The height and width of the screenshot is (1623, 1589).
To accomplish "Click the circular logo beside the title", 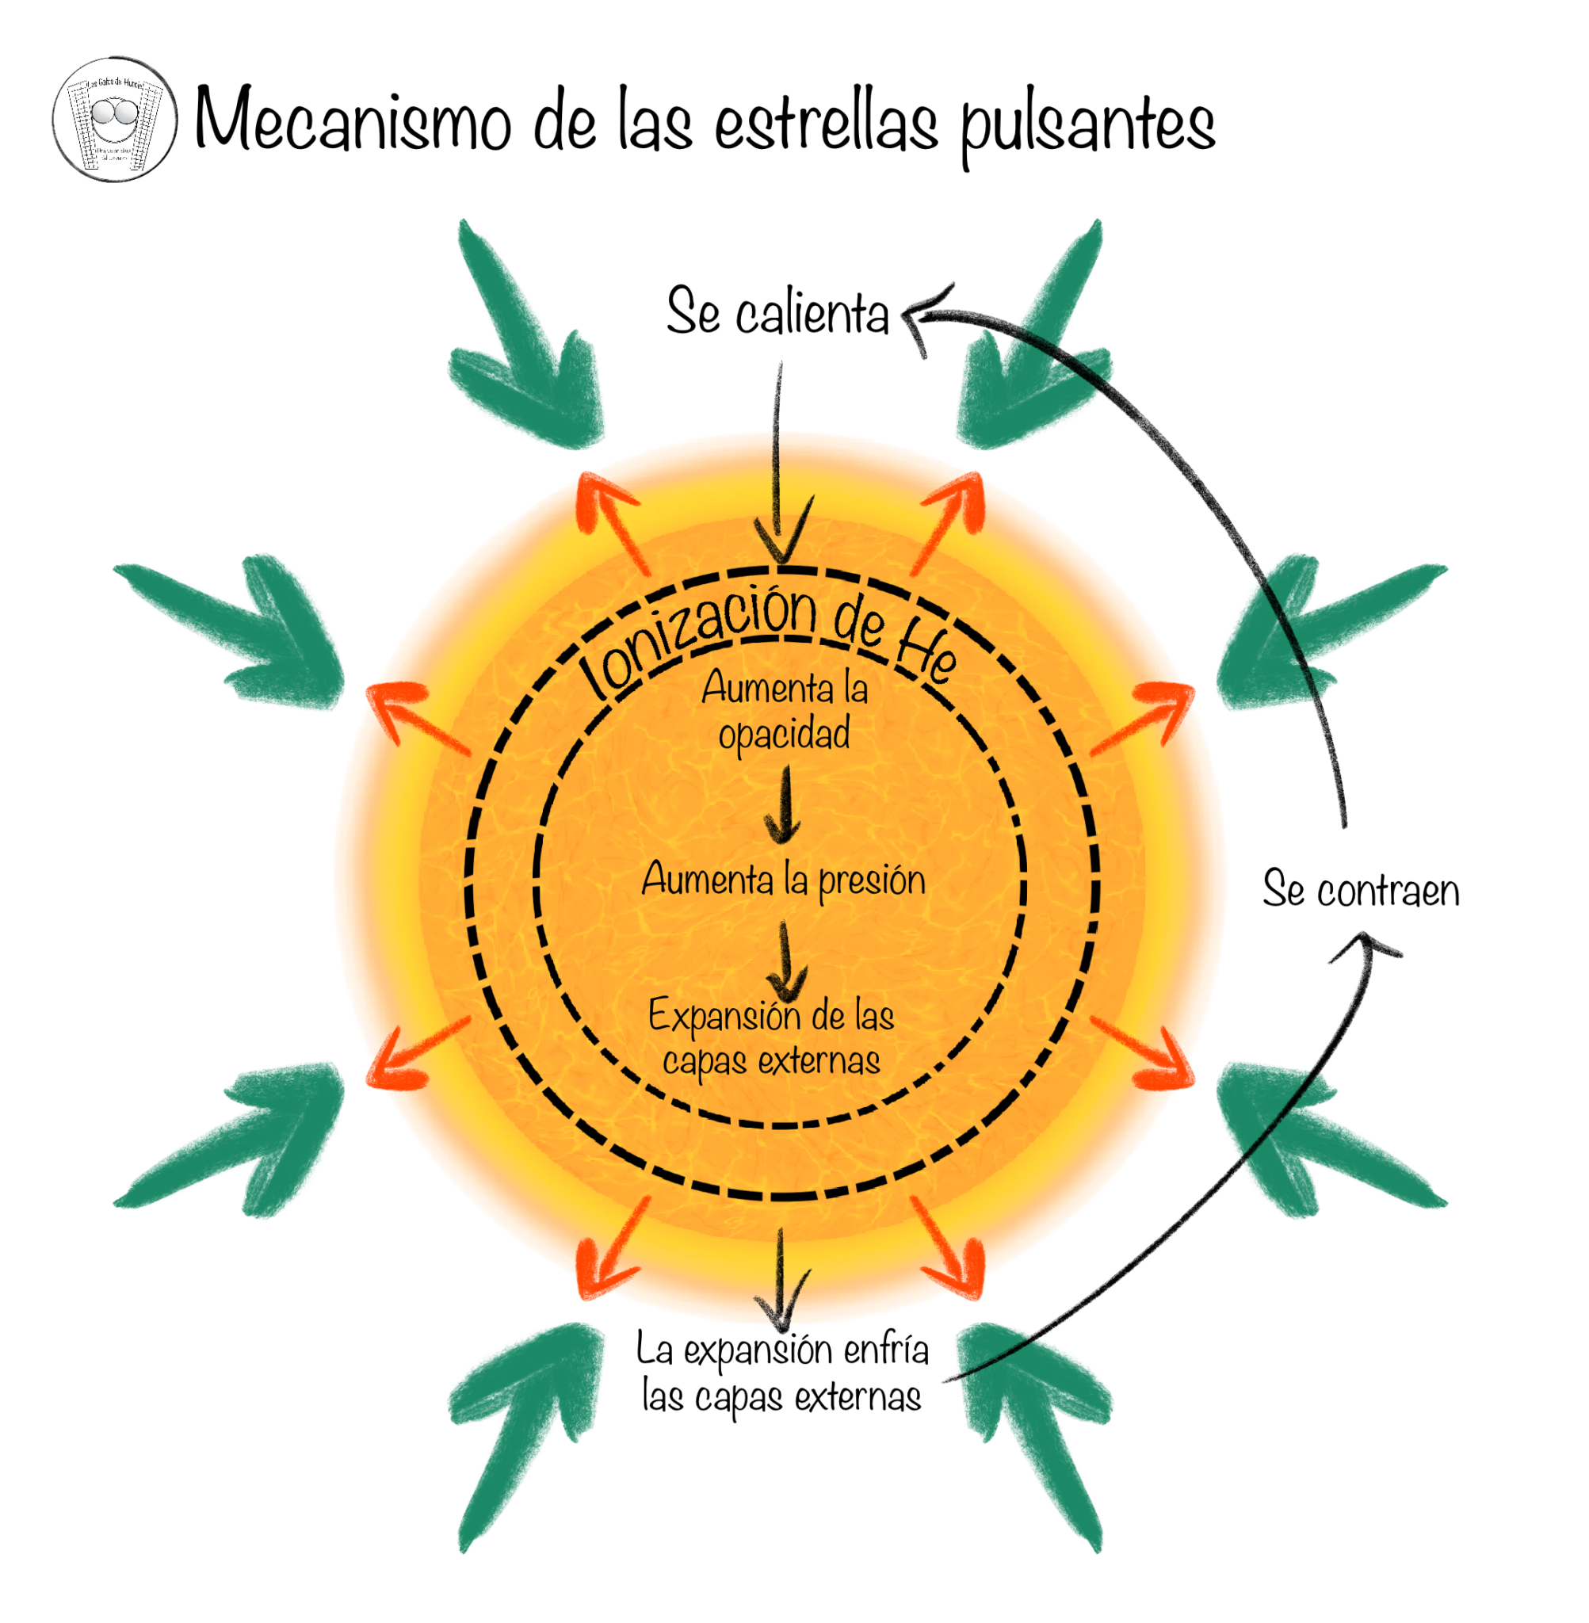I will coord(115,120).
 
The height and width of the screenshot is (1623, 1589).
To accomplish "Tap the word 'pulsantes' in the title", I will coord(1087,125).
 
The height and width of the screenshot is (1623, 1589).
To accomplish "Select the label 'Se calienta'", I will coord(777,312).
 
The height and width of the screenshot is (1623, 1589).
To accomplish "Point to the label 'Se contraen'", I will coord(1360,889).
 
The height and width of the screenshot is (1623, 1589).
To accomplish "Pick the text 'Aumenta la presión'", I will coord(784,880).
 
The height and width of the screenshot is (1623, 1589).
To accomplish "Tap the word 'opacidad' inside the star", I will coord(784,735).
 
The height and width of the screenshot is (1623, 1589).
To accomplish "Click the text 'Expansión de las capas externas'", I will coord(771,1037).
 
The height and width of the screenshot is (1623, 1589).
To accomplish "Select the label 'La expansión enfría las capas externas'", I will coord(782,1372).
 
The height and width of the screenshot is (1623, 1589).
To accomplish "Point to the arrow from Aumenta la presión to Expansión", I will coord(785,959).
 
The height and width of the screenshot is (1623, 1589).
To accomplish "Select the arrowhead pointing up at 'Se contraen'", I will coord(1366,945).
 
